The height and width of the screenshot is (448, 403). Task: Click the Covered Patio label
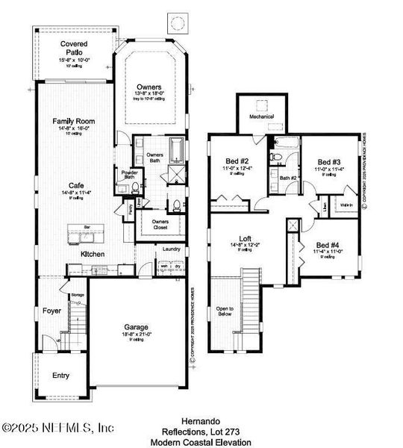pos(73,49)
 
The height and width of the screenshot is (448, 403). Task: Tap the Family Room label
pos(72,120)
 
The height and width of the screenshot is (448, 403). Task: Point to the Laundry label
pos(172,250)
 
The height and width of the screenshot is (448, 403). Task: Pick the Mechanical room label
pos(261,116)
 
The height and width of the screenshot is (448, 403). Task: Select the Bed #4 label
pos(326,246)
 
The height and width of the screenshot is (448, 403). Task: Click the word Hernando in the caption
pos(202,422)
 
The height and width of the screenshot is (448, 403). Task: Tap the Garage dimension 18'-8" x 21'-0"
pos(136,335)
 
